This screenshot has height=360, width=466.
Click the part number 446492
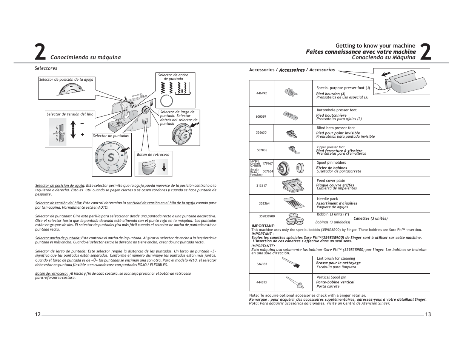click(261, 93)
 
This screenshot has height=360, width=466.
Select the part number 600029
click(261, 117)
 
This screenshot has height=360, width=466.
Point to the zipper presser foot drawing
click(292, 150)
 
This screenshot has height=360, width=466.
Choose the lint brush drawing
click(293, 264)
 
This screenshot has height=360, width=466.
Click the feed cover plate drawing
click(292, 185)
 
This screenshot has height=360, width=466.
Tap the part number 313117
click(261, 186)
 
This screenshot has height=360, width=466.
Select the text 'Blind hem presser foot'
click(336, 128)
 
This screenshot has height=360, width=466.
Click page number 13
click(428, 315)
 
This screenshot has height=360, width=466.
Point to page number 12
click(38, 315)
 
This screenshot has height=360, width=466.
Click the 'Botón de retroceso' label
click(153, 154)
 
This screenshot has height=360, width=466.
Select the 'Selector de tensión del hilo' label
click(70, 114)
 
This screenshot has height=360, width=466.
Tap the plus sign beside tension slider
click(82, 134)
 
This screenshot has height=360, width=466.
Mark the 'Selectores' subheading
click(46, 68)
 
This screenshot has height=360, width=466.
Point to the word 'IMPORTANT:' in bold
click(263, 226)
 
